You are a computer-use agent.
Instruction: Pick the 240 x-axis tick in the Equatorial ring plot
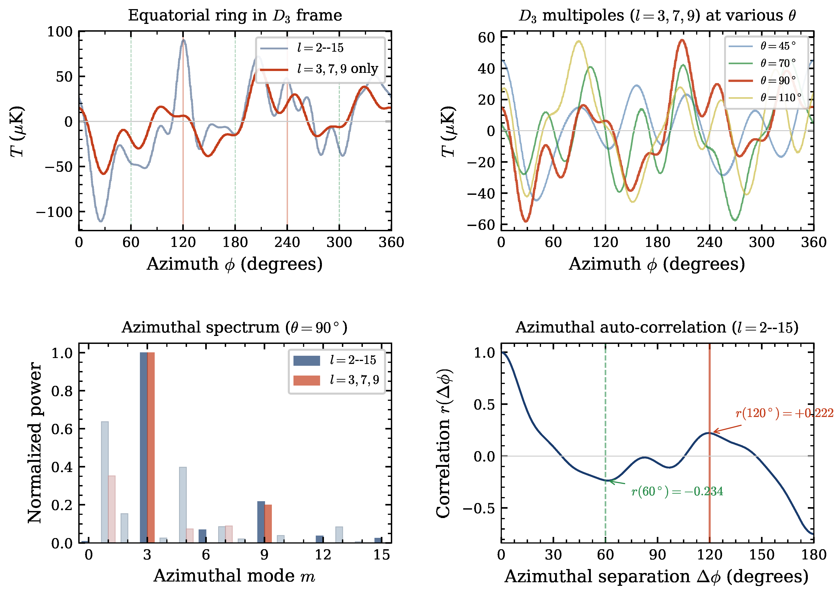[287, 242]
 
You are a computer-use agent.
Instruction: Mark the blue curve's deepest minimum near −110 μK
[101, 221]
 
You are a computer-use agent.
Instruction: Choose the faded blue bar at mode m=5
[183, 505]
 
